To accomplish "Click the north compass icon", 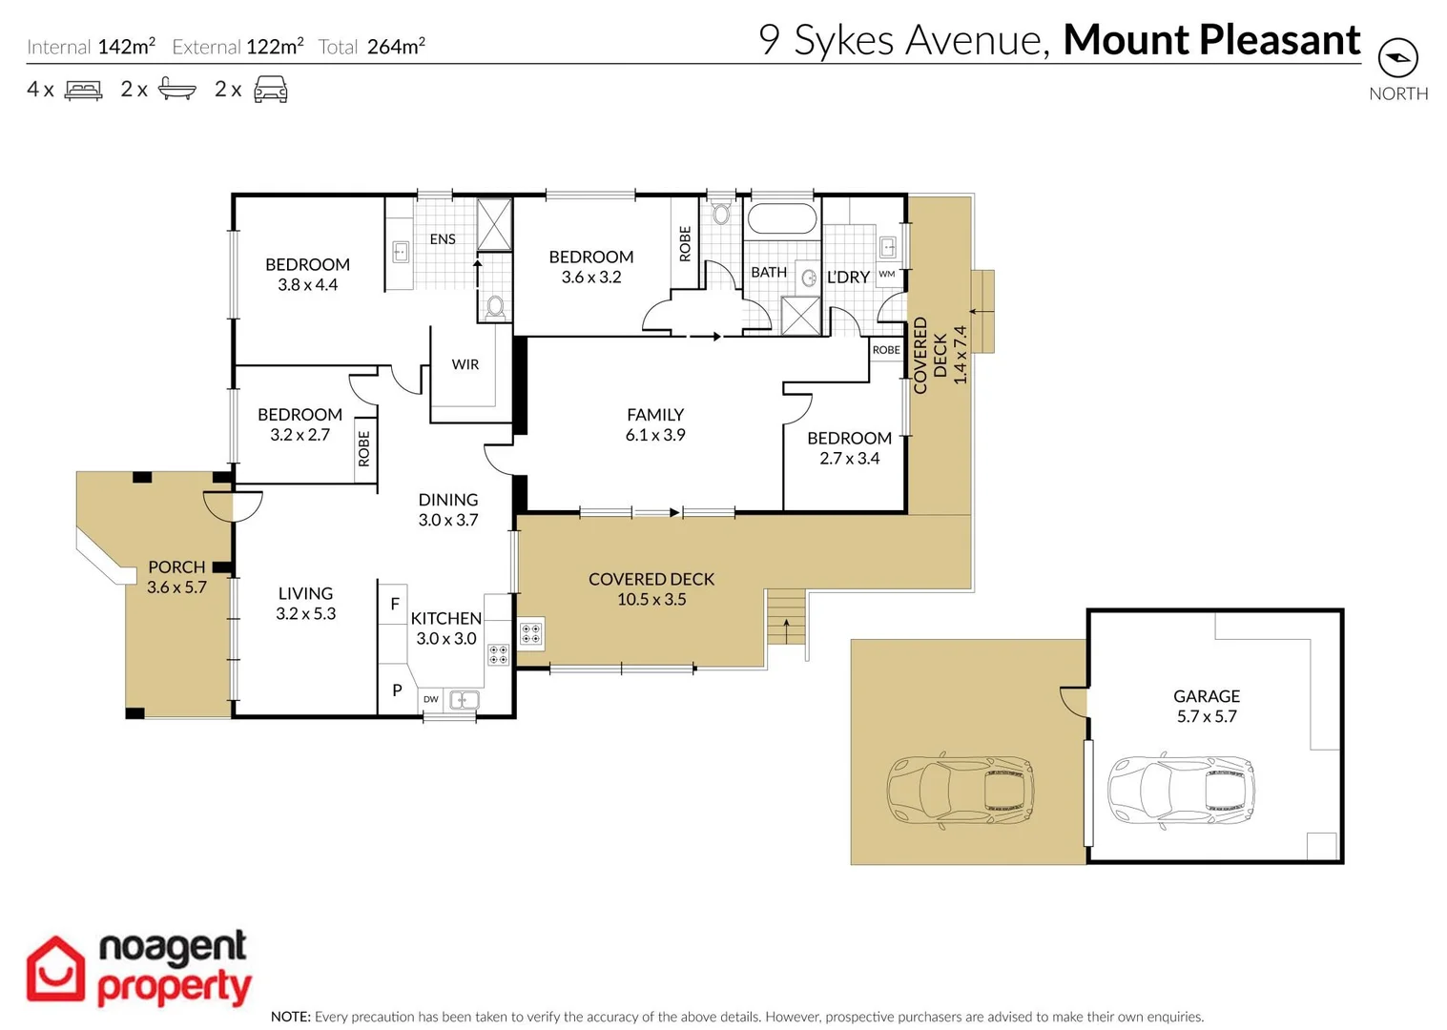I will [1397, 58].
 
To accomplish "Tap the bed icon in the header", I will [83, 91].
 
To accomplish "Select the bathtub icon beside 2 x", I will [176, 89].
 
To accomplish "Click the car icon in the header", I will [270, 90].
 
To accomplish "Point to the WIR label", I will [465, 364].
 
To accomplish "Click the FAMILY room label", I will [654, 415].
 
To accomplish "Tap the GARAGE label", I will [1206, 696].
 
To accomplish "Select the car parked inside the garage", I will [1180, 791].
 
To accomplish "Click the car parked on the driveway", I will [960, 791].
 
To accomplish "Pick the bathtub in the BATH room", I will [781, 218].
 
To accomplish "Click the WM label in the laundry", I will [886, 275].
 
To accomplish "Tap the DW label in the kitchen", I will [431, 699].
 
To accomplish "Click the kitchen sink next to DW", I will [464, 700].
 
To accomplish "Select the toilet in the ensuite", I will [495, 307].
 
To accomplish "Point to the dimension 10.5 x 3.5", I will [651, 600].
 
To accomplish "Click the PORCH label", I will [176, 566].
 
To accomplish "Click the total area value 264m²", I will [396, 47].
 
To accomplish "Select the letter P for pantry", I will [397, 690].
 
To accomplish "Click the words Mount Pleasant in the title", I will [1211, 40].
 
